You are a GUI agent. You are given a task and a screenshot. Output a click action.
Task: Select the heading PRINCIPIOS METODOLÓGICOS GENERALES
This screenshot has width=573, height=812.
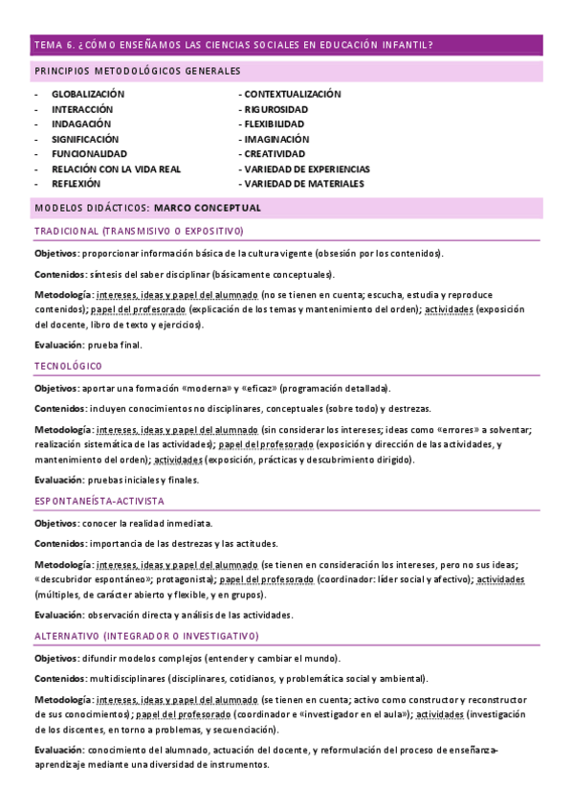click(x=137, y=72)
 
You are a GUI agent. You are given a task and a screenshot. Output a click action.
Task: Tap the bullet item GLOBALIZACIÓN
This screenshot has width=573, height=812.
click(x=88, y=95)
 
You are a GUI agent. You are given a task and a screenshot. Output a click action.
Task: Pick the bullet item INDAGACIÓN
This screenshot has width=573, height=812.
click(x=81, y=124)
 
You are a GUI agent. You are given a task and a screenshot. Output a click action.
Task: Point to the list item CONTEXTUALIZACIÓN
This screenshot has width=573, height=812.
click(x=293, y=95)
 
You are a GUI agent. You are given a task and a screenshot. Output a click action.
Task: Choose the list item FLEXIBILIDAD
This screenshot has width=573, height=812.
click(x=275, y=124)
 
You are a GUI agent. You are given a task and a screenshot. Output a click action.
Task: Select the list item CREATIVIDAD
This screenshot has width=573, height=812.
click(x=275, y=154)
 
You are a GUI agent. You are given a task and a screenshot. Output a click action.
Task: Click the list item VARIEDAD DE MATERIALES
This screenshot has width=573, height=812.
click(x=304, y=184)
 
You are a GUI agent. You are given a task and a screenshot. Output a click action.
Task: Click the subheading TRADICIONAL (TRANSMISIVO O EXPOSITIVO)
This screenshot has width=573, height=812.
click(x=139, y=232)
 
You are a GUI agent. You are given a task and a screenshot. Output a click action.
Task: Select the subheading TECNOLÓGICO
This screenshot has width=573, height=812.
click(x=68, y=367)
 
